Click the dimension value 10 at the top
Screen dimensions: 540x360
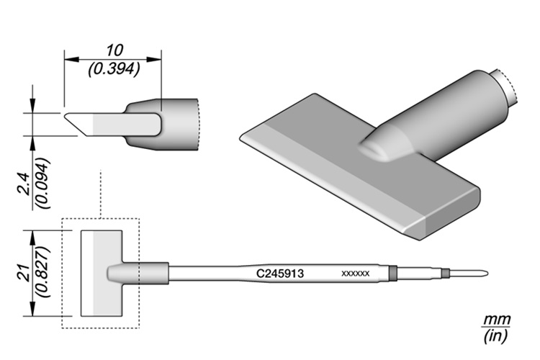point(114,50)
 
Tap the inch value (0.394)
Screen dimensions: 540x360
point(114,69)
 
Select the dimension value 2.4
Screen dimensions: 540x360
point(25,185)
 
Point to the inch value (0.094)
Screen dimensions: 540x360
point(44,183)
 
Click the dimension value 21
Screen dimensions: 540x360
point(24,273)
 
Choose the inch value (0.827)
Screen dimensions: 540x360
point(44,272)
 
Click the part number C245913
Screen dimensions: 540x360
point(280,274)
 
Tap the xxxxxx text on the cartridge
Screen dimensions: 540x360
point(356,274)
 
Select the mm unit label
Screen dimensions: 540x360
point(496,320)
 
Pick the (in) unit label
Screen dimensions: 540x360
point(495,336)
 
